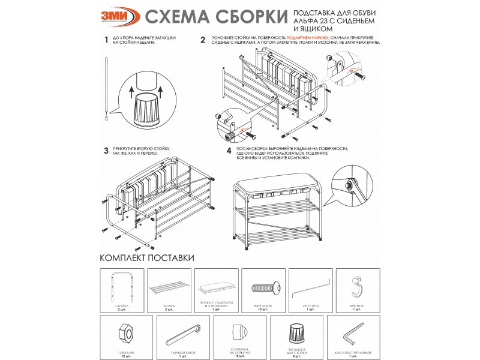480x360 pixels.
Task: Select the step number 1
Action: click(106, 41)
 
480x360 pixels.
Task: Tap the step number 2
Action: click(203, 41)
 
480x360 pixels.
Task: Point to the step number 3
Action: click(106, 151)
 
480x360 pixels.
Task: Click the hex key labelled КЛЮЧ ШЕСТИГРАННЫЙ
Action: click(352, 331)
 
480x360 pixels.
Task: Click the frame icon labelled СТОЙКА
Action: click(121, 286)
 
